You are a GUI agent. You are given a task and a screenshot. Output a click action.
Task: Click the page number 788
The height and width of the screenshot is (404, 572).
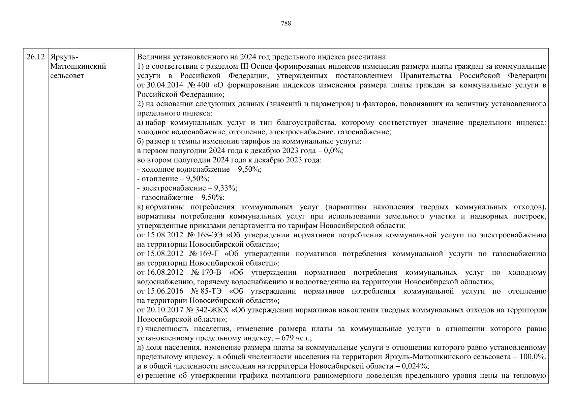[285, 23]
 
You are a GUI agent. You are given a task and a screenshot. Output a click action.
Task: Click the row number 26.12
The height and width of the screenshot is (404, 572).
[35, 57]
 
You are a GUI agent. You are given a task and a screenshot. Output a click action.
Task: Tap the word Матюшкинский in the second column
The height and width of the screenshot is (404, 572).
[78, 66]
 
